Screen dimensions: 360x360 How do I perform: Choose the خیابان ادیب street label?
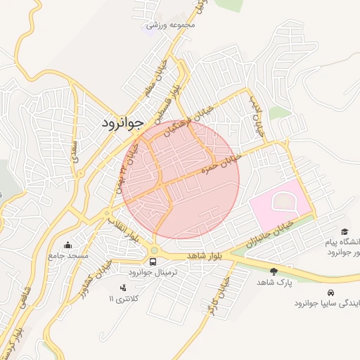pos(257,114)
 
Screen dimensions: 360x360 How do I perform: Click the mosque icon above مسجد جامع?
pos(67,245)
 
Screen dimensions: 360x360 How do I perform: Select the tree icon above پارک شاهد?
pos(274,271)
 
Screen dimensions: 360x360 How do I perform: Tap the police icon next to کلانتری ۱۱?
pos(124,288)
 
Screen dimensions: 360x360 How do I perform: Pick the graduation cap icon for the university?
pos(345,231)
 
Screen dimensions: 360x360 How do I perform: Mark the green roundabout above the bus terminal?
pos(154,250)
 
